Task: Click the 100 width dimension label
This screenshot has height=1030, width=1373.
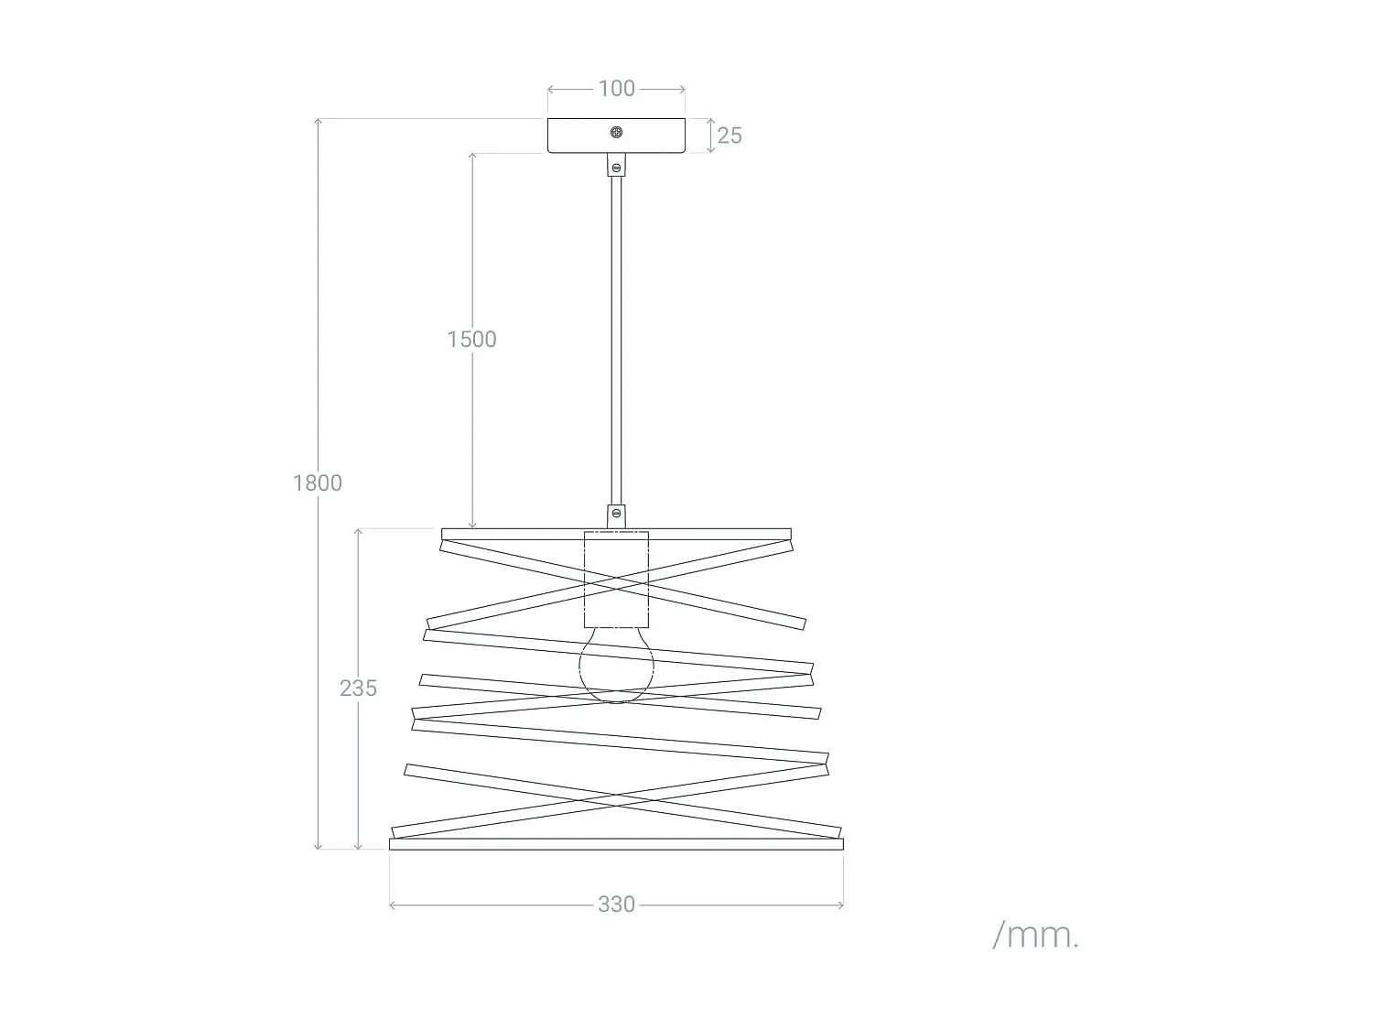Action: pyautogui.click(x=616, y=89)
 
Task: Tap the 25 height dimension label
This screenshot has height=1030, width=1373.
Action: pyautogui.click(x=730, y=136)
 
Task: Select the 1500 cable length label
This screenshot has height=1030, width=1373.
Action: pyautogui.click(x=471, y=340)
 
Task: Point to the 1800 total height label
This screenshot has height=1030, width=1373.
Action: pyautogui.click(x=318, y=483)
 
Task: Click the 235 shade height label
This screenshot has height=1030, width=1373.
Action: pyautogui.click(x=359, y=688)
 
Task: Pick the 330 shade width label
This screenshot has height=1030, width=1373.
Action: pyautogui.click(x=616, y=905)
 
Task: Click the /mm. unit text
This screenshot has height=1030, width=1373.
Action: pyautogui.click(x=1036, y=937)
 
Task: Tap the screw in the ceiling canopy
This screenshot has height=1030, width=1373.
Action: pyautogui.click(x=616, y=132)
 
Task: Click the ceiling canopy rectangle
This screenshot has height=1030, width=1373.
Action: pyautogui.click(x=616, y=136)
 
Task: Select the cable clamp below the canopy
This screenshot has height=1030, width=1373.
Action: pyautogui.click(x=616, y=165)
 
